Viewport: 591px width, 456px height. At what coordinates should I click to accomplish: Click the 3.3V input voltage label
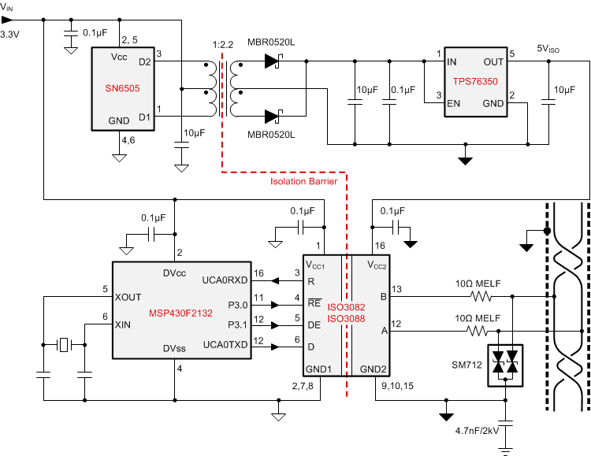[10, 35]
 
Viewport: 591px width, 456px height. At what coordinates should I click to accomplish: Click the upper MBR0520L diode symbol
[274, 60]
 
